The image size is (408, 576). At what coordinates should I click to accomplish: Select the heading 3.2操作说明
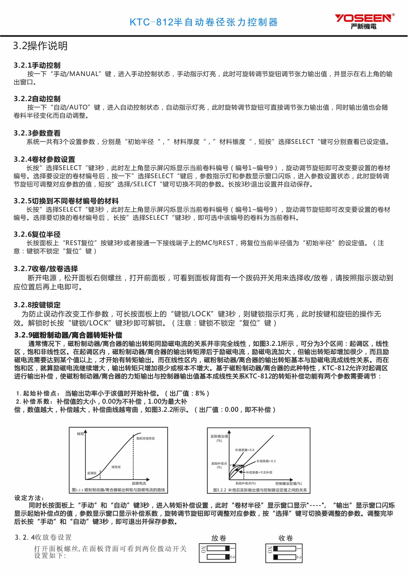(40, 46)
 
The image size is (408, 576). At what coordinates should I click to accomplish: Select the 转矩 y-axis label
(80, 434)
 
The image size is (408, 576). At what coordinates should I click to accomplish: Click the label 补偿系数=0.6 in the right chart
(245, 450)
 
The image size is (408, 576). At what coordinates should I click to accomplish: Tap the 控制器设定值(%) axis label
(288, 483)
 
